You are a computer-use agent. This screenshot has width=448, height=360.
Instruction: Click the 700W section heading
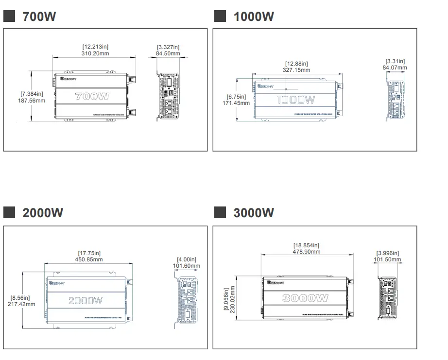[39, 17]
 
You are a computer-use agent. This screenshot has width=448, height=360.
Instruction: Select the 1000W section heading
[253, 17]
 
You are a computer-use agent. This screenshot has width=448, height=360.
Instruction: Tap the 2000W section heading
[43, 213]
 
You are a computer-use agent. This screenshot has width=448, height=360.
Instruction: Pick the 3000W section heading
[253, 213]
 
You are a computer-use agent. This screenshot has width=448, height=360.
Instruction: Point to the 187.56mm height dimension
[32, 101]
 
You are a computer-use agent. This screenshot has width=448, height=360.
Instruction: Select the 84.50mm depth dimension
[169, 53]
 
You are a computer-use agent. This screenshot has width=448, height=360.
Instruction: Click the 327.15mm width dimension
[296, 70]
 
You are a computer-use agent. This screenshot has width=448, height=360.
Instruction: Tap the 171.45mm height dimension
[236, 103]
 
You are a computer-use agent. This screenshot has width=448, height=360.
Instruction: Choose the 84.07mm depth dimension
[395, 68]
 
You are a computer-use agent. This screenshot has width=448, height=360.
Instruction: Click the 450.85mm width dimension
[89, 259]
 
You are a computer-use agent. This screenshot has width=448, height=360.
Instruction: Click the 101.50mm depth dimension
[388, 259]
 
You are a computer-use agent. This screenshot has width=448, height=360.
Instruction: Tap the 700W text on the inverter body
[92, 96]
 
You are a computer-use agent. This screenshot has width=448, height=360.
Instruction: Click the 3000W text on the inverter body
[305, 298]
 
